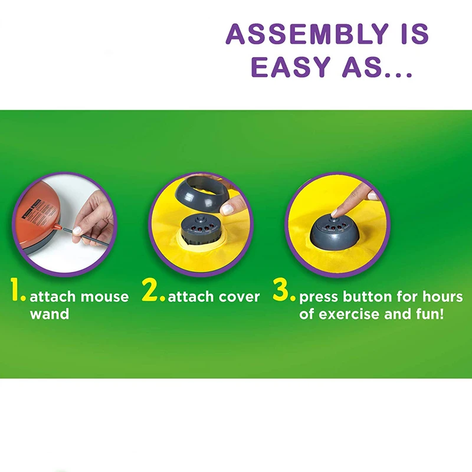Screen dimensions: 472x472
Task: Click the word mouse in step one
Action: pos(104,296)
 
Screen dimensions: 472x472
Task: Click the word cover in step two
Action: pos(238,296)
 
